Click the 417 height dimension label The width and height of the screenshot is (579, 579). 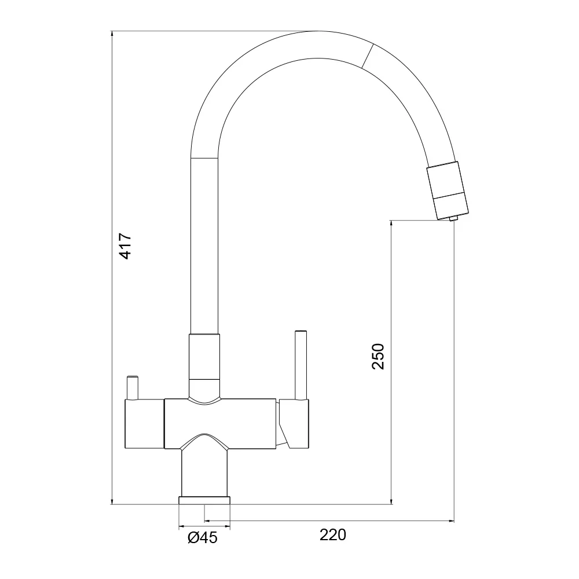[126, 246]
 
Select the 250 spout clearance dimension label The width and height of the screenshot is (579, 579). [378, 356]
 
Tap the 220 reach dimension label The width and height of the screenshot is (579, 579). [333, 534]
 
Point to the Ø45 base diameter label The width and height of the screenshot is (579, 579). [203, 538]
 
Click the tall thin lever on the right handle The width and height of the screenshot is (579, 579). [301, 365]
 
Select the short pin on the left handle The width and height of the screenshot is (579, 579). [132, 388]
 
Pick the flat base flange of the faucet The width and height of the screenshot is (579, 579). [204, 500]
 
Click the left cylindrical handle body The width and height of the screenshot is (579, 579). [145, 424]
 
